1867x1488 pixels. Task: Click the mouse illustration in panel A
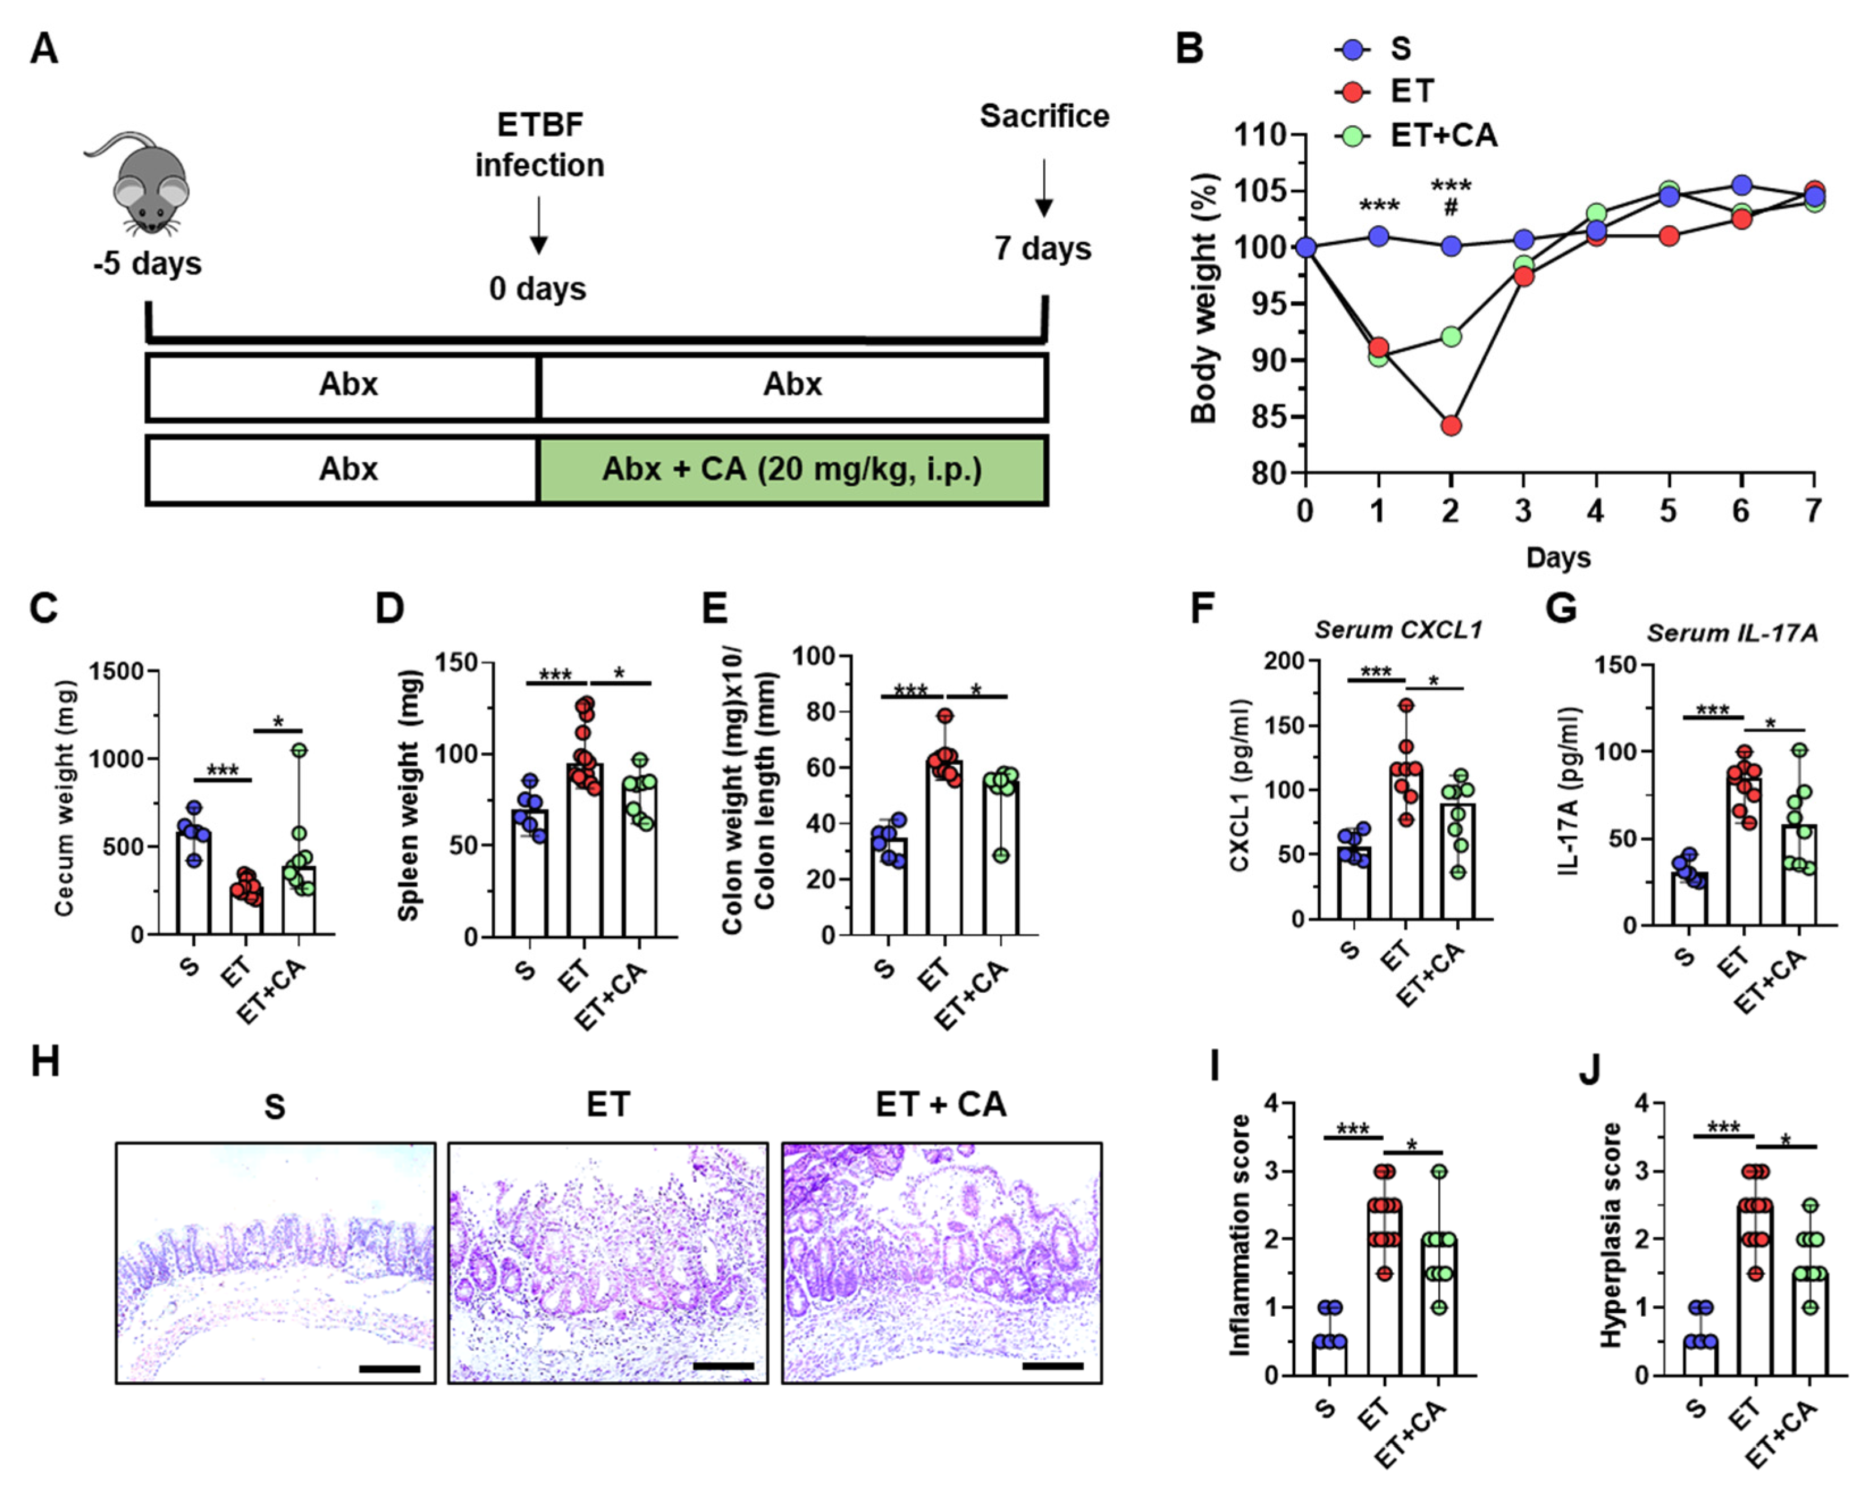tap(143, 184)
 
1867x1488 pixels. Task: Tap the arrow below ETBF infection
tap(538, 225)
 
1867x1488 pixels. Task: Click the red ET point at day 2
tap(1451, 425)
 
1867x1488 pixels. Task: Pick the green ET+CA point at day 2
tap(1451, 336)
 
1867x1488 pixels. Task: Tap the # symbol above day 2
tap(1451, 208)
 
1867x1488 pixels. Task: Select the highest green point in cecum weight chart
tap(299, 750)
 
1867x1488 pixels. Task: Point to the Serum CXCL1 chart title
tap(1398, 630)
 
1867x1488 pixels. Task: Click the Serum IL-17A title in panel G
tap(1732, 633)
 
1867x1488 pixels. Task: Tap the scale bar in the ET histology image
tap(723, 1366)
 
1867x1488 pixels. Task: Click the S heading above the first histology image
tap(275, 1107)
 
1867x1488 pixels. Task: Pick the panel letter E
tap(714, 608)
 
